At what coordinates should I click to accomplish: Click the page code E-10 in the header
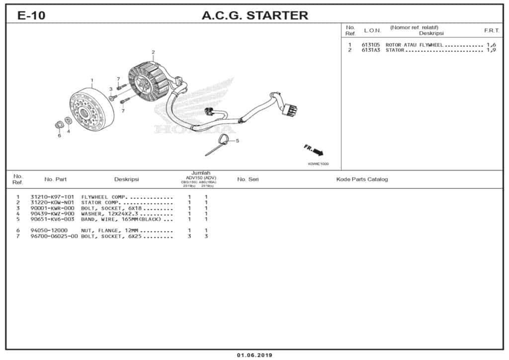point(31,15)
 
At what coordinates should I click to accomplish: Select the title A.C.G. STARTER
point(254,15)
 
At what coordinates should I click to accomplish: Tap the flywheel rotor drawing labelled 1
point(91,107)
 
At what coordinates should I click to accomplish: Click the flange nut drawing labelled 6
point(58,124)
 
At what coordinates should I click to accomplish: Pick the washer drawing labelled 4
point(68,121)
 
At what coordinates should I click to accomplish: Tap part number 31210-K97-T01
point(52,197)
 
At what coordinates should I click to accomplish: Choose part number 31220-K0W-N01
point(52,202)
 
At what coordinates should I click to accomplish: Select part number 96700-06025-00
point(54,236)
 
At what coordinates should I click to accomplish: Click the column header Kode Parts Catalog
point(362,179)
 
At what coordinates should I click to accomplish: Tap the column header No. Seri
point(248,179)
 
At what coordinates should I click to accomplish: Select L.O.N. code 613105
point(371,45)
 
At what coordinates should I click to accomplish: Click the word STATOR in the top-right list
point(395,50)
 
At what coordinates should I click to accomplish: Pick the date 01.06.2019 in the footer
point(254,355)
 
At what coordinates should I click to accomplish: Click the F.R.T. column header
point(491,30)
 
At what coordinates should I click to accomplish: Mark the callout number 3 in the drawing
point(111,89)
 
